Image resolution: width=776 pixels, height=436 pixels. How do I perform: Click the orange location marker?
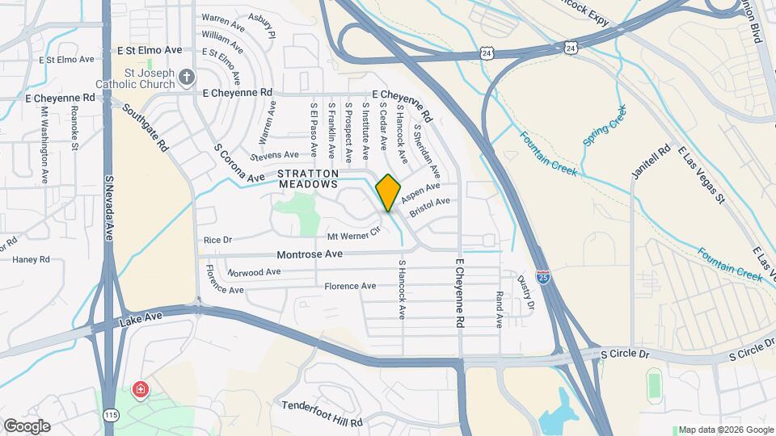tap(388, 192)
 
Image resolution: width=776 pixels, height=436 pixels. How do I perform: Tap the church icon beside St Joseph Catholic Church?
tap(187, 77)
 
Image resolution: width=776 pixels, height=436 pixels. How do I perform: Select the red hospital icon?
tap(141, 391)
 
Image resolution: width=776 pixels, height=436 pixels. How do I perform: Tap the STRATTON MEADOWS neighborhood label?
tap(307, 178)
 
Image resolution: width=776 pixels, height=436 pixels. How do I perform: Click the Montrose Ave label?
tap(310, 254)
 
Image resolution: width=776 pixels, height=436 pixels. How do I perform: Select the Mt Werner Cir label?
tap(353, 236)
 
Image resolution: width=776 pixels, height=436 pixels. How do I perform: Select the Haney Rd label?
tap(31, 259)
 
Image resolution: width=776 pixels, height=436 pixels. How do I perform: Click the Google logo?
tap(27, 426)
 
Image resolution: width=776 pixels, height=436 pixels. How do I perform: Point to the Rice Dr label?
tap(217, 240)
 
